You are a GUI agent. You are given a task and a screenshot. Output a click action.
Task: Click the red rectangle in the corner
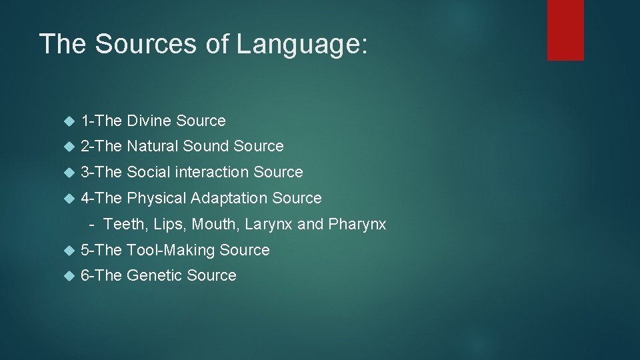(x=565, y=30)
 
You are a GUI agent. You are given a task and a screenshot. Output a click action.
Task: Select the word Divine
(x=149, y=121)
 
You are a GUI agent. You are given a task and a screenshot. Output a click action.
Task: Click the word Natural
(x=153, y=146)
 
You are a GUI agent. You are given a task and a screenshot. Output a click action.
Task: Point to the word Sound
(x=205, y=146)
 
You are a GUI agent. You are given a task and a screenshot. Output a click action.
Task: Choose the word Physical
(x=157, y=198)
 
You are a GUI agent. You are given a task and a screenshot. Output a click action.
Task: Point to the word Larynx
(x=269, y=224)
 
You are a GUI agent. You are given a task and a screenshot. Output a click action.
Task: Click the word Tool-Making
(x=171, y=250)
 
